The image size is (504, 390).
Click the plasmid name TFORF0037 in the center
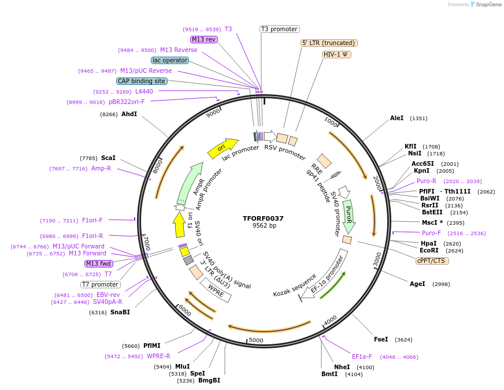[x=263, y=218]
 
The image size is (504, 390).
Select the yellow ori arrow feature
[x=223, y=148]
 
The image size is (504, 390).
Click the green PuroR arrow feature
[x=349, y=213]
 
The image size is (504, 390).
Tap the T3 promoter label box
[x=279, y=29]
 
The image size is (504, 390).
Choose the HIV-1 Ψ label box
[x=336, y=54]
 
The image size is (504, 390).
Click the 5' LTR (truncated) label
[x=329, y=43]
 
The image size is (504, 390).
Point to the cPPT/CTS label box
[x=432, y=261]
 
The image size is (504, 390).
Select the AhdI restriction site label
[x=129, y=114]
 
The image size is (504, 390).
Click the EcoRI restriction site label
[x=429, y=250]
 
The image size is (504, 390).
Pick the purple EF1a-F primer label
[x=362, y=356]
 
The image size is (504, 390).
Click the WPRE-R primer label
[x=158, y=356]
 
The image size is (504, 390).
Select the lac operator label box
[x=170, y=60]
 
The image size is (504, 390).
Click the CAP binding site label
[x=142, y=81]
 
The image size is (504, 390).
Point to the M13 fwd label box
[x=99, y=263]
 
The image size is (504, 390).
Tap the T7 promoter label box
[x=101, y=284]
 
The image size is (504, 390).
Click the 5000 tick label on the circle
[x=255, y=340]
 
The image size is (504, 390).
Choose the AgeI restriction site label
[x=417, y=284]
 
